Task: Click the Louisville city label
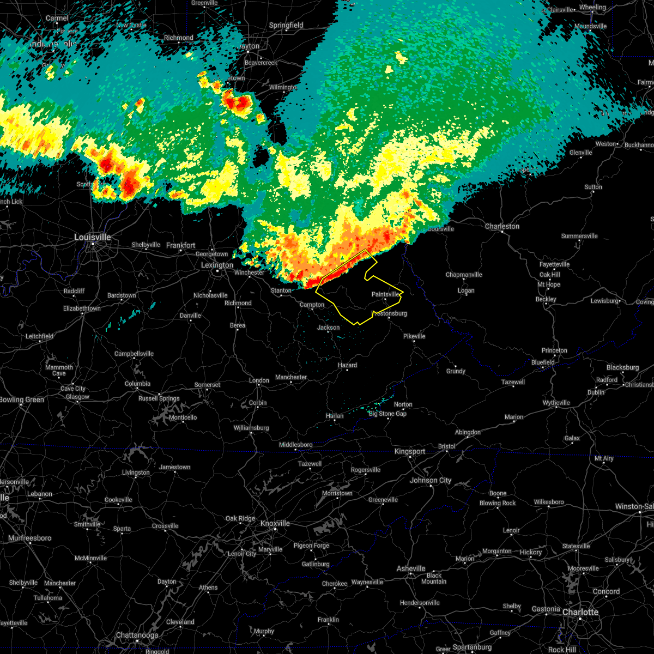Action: coord(93,237)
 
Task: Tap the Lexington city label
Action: coord(217,265)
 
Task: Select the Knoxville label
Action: coord(275,523)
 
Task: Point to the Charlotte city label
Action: coord(580,612)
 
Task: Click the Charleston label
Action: coord(502,226)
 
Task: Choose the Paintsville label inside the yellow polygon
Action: coord(385,294)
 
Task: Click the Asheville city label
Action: coord(411,568)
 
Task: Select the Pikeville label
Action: coord(414,336)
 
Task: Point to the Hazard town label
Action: coord(347,365)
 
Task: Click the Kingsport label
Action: coord(410,451)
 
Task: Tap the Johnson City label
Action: coord(431,480)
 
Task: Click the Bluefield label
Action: coord(543,362)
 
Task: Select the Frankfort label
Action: coord(180,246)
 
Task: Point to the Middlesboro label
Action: coord(296,445)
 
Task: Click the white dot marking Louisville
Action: coord(93,244)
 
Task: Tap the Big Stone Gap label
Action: coord(387,414)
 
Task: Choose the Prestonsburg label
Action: coord(390,313)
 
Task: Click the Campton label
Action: coord(312,305)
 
